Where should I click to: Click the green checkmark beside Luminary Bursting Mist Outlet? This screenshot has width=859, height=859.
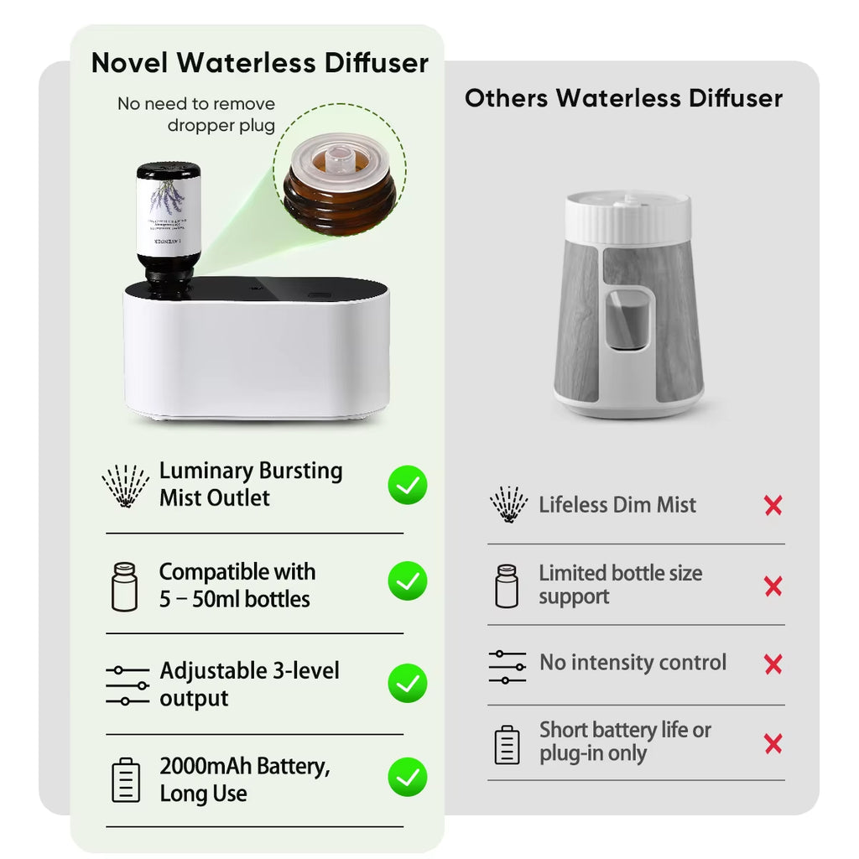[x=408, y=485]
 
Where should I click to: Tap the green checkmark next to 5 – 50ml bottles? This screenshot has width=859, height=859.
[x=408, y=581]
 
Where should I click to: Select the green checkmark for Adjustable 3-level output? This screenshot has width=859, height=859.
[x=408, y=683]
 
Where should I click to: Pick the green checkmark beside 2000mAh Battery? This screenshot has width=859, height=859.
[x=408, y=778]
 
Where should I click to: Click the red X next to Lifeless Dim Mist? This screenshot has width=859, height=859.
[x=773, y=505]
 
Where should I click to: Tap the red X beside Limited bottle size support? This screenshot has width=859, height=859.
[x=773, y=586]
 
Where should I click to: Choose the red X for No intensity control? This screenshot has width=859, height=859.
[x=773, y=664]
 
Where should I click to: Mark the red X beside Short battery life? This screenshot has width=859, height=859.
[x=773, y=743]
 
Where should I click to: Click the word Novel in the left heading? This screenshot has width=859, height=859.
[x=130, y=63]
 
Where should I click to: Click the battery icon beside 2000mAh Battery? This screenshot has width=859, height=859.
[x=126, y=779]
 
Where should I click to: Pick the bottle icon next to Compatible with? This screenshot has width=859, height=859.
[x=124, y=586]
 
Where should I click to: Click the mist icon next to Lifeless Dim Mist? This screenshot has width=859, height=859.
[x=508, y=505]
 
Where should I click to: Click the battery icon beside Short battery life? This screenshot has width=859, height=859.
[x=507, y=744]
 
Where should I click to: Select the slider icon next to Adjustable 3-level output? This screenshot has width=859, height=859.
[x=128, y=685]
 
